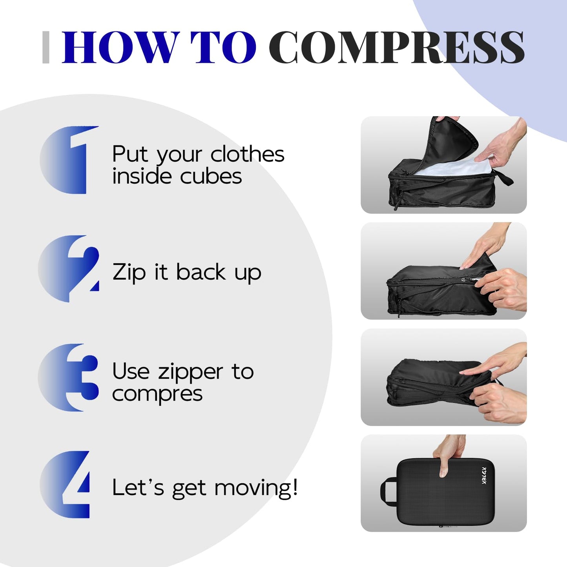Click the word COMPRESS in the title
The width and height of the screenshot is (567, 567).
tap(396, 47)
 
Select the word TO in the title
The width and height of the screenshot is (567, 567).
tap(223, 47)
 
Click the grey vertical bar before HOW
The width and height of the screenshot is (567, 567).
tap(46, 47)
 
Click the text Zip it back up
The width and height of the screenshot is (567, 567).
tap(187, 272)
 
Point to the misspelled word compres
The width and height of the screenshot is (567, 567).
tap(157, 394)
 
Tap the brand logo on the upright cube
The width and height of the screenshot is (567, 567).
tap(484, 476)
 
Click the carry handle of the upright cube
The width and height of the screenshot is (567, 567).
tap(387, 490)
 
